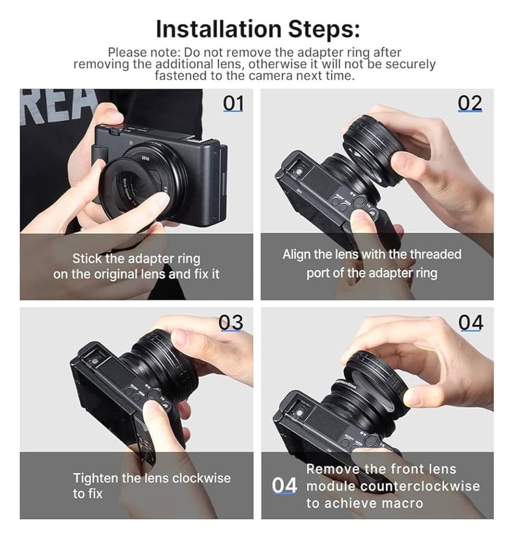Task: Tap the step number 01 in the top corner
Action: (x=233, y=103)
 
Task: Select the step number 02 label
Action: (x=470, y=103)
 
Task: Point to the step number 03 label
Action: (x=231, y=322)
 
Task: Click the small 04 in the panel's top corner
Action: (x=471, y=322)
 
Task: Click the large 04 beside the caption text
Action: (x=284, y=486)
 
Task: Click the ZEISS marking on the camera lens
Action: (x=144, y=158)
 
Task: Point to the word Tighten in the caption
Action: (x=96, y=478)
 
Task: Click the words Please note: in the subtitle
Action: (x=144, y=53)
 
